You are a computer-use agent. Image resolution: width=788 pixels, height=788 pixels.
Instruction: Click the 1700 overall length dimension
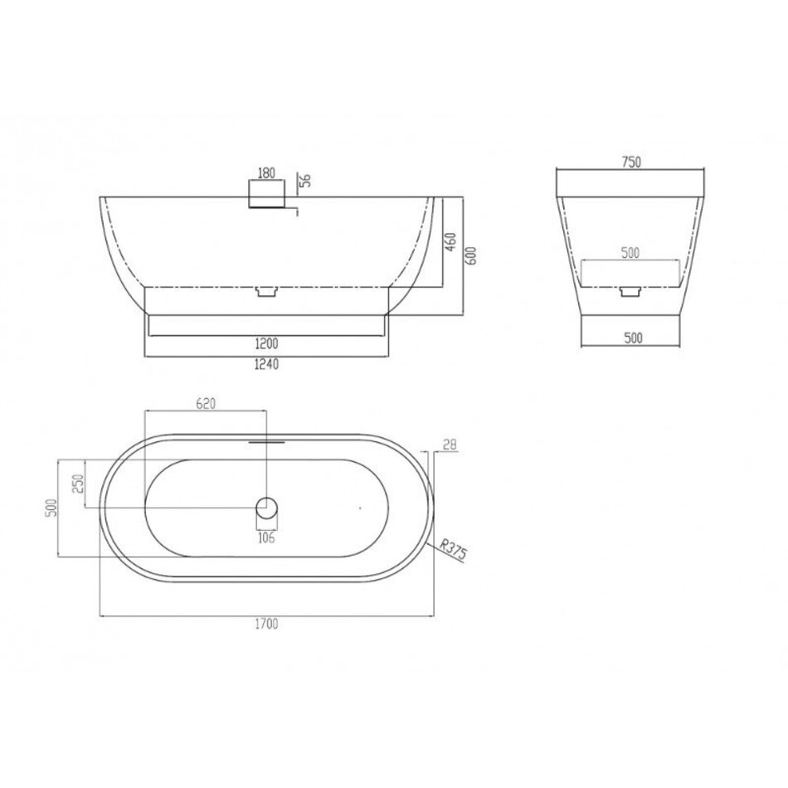[x=266, y=624]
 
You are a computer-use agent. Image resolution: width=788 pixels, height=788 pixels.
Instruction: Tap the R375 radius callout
[x=453, y=549]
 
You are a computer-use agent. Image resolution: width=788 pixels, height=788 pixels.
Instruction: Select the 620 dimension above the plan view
[x=206, y=404]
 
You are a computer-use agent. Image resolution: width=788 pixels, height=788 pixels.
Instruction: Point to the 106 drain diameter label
[x=266, y=537]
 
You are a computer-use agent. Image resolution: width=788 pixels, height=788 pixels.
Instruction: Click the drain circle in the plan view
[x=266, y=508]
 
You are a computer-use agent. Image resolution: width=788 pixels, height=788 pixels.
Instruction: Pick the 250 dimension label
[x=79, y=484]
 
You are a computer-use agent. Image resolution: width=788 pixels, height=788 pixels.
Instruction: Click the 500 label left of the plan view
[x=51, y=508]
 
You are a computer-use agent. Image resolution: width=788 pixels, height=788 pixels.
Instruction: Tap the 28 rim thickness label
[x=450, y=445]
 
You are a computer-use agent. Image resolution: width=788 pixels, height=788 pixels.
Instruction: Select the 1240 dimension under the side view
[x=266, y=364]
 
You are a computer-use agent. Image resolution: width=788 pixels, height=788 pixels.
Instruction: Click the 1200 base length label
[x=266, y=343]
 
